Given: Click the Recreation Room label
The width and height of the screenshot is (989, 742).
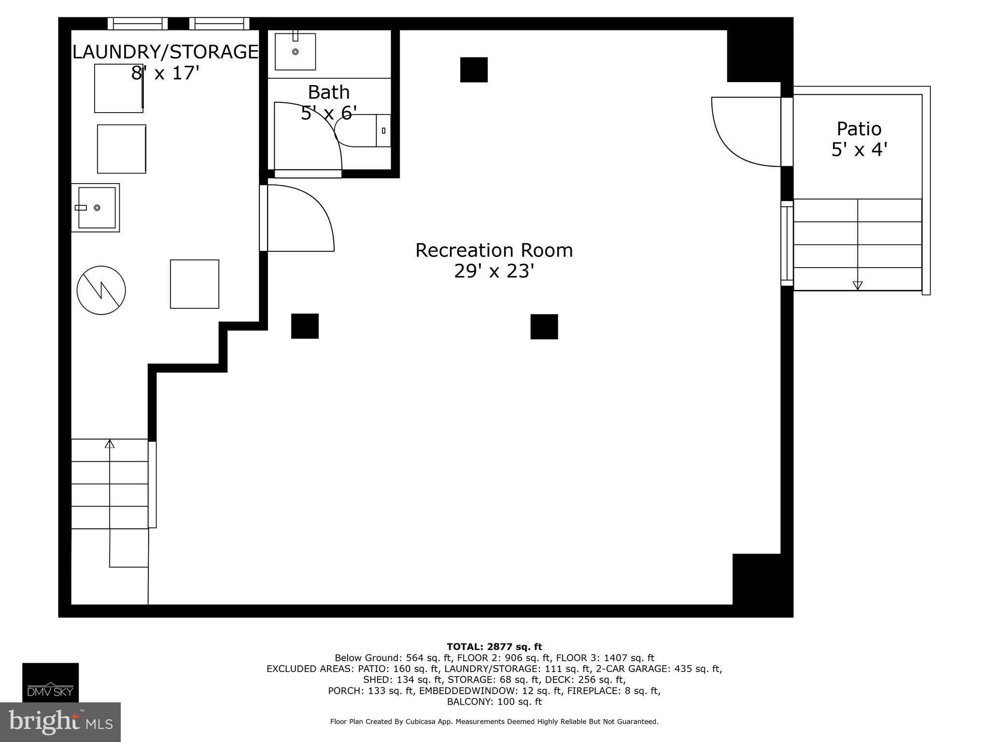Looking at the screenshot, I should [494, 250].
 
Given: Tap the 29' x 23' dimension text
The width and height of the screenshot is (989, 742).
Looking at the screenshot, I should [494, 271].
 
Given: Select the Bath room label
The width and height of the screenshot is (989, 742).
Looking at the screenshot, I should [328, 92].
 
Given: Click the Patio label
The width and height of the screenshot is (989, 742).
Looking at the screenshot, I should [859, 129].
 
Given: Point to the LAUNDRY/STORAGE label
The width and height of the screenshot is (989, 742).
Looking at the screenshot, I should [165, 52].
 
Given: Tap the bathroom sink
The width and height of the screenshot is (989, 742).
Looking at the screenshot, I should [295, 51].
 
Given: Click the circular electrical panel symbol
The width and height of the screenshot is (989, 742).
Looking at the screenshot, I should [101, 290].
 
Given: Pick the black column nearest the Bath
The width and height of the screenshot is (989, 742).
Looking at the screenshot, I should [473, 70].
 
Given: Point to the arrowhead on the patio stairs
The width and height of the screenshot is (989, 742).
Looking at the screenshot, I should [857, 285].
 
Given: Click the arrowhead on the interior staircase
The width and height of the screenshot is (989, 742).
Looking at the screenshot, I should [110, 443].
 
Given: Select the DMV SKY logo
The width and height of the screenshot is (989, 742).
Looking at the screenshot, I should [50, 682].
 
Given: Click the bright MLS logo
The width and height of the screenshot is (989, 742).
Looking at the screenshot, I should [60, 722].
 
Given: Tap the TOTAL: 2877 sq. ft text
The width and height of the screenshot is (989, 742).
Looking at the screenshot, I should [494, 647].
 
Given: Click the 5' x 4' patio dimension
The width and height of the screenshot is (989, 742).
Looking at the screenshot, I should [859, 150].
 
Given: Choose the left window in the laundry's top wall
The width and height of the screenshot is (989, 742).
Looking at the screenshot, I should [138, 24].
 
